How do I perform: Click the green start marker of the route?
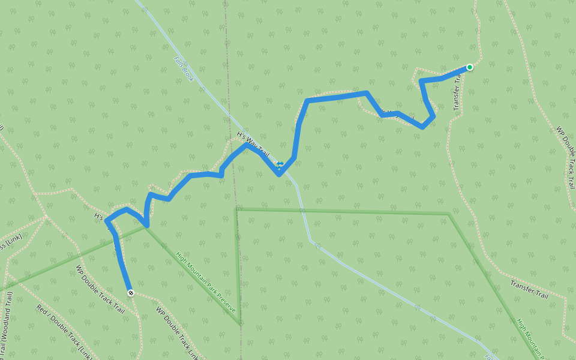coord(469,67)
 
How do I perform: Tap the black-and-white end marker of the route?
coord(130,292)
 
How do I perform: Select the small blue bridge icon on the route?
coord(280,163)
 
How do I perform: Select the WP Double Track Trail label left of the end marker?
coord(100,290)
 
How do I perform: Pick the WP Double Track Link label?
coord(177,333)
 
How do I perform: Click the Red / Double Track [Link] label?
coord(64,331)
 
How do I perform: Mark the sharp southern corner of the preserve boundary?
coord(240,324)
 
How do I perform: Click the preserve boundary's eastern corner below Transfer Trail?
coord(449,214)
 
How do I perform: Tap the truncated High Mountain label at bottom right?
coord(532,339)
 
